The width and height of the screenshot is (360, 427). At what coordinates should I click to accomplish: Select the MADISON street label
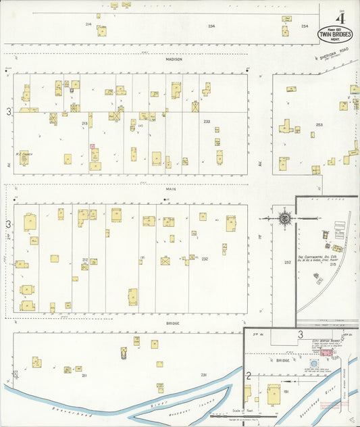tap(174, 59)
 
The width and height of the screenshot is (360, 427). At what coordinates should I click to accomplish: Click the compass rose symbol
tap(285, 218)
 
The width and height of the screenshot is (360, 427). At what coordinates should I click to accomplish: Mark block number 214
tap(88, 24)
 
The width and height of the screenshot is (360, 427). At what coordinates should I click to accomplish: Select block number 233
tap(207, 121)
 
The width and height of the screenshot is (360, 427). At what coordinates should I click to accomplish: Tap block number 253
tap(319, 125)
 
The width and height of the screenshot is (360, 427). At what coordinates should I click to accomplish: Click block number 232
tap(204, 259)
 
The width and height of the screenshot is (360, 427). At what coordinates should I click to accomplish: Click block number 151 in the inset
tap(286, 391)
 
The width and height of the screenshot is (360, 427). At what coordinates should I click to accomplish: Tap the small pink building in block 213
tap(93, 146)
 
